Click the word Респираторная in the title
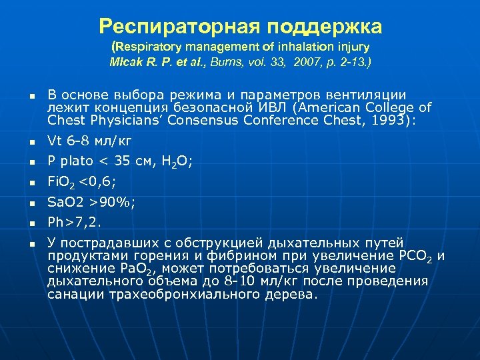[181, 27]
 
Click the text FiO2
[61, 181]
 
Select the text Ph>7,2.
[75, 222]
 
